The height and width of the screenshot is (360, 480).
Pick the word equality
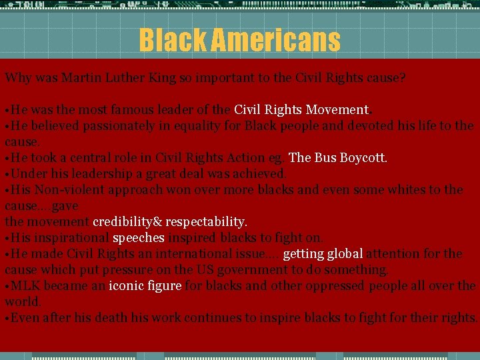coord(197,125)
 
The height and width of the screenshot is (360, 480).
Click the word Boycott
coord(364,157)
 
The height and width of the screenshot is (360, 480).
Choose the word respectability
coord(207,221)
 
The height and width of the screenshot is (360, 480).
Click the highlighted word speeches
coord(139,237)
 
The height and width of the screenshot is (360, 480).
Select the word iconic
coord(125,285)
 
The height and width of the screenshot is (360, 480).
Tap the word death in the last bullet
coord(109,317)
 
